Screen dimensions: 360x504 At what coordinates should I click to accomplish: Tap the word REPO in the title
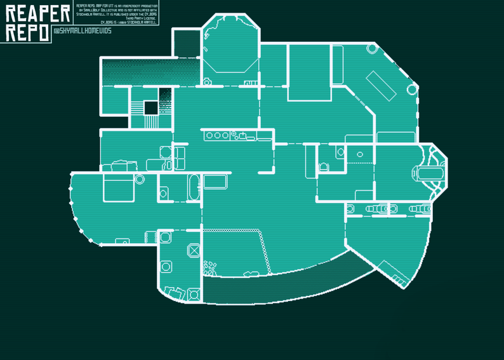click(27, 33)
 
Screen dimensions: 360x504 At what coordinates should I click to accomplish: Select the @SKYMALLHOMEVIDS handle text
click(83, 31)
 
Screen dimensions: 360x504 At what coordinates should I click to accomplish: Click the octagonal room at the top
click(230, 47)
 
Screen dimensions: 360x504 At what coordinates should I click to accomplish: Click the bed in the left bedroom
click(118, 187)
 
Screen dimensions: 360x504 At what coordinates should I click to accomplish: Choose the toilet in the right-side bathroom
click(324, 167)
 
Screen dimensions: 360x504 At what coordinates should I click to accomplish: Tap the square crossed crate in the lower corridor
click(192, 251)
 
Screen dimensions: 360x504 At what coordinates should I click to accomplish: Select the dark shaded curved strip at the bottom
click(286, 286)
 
